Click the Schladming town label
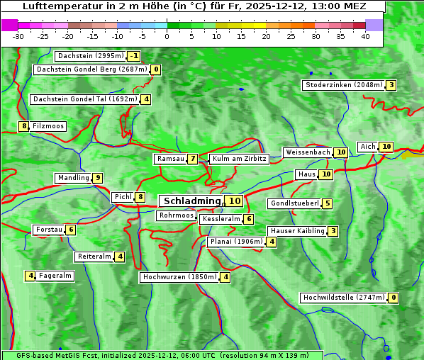pyautogui.click(x=192, y=201)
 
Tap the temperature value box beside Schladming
pyautogui.click(x=235, y=201)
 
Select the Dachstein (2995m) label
pyautogui.click(x=91, y=56)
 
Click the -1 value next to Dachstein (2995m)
pyautogui.click(x=134, y=56)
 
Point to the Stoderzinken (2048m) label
pyautogui.click(x=343, y=85)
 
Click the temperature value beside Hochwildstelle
pyautogui.click(x=393, y=298)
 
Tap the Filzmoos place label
pyautogui.click(x=48, y=126)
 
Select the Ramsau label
pyautogui.click(x=170, y=159)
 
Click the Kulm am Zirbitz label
pyautogui.click(x=239, y=159)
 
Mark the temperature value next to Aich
pyautogui.click(x=386, y=147)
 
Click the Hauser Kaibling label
pyautogui.click(x=297, y=231)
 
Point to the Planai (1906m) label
pyautogui.click(x=236, y=242)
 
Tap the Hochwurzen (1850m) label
pyautogui.click(x=179, y=277)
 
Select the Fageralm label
pyautogui.click(x=55, y=276)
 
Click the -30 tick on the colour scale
pyautogui.click(x=18, y=36)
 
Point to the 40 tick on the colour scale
pyautogui.click(x=365, y=36)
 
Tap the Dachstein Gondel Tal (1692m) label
pyautogui.click(x=85, y=99)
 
